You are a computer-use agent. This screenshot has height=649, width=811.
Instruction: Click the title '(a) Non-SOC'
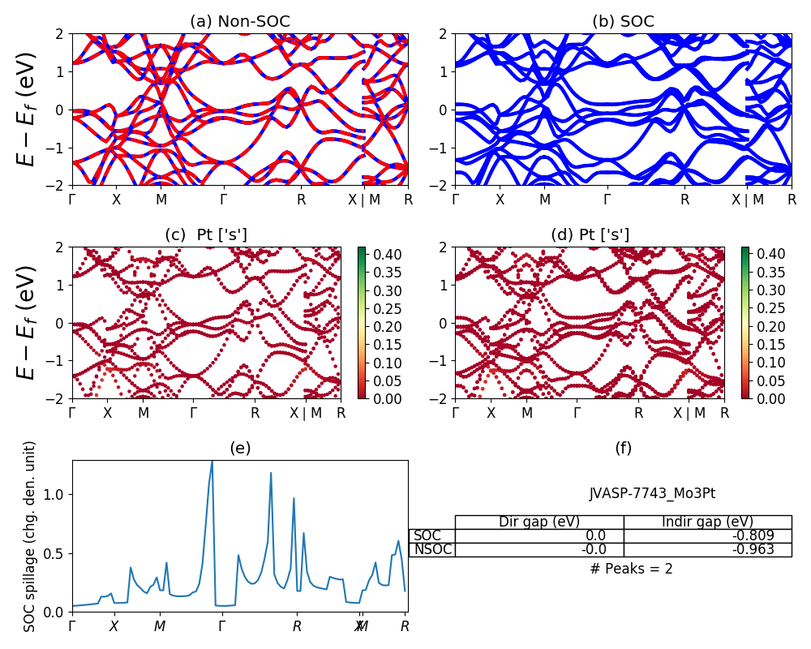(239, 22)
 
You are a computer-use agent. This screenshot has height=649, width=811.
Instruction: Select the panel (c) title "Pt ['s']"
(206, 235)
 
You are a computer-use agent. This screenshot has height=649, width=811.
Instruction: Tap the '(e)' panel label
(239, 448)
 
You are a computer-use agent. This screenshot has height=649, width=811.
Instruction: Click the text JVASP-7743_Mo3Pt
(652, 493)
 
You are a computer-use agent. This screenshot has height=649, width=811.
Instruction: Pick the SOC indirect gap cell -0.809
(707, 535)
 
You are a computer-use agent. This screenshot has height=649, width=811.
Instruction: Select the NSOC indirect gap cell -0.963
(707, 549)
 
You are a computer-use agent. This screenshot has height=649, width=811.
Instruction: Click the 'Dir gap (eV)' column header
(539, 522)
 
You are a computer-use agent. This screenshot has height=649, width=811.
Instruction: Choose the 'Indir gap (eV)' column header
(707, 522)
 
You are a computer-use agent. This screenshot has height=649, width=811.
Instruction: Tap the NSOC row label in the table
(432, 549)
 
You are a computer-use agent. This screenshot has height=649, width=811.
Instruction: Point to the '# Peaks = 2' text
(631, 569)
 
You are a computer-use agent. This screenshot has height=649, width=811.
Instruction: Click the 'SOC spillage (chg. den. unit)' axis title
(30, 536)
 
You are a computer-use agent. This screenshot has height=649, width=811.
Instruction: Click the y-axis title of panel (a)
(28, 110)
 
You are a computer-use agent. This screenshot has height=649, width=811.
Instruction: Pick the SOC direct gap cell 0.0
(539, 535)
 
